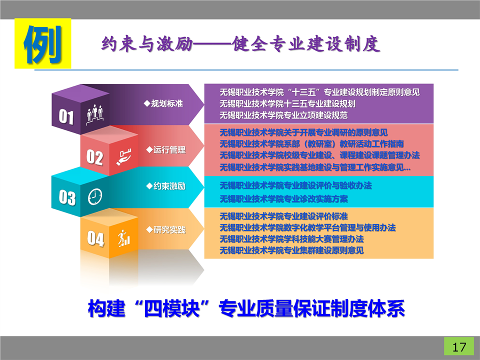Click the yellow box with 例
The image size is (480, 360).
pyautogui.click(x=43, y=43)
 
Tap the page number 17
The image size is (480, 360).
pyautogui.click(x=459, y=347)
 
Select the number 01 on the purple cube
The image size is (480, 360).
pyautogui.click(x=66, y=116)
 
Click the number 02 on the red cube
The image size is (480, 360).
pyautogui.click(x=94, y=157)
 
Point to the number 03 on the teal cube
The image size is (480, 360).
pyautogui.click(x=67, y=197)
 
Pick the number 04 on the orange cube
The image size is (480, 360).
pyautogui.click(x=95, y=238)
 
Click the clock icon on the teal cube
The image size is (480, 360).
pyautogui.click(x=95, y=196)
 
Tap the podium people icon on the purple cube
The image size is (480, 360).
pyautogui.click(x=94, y=114)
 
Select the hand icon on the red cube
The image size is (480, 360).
pyautogui.click(x=123, y=157)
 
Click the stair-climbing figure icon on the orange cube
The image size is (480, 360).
pyautogui.click(x=124, y=238)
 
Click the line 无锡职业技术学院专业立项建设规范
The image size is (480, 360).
pyautogui.click(x=283, y=115)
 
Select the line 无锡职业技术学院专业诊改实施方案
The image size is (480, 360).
pyautogui.click(x=283, y=199)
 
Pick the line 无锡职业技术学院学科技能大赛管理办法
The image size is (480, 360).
pyautogui.click(x=291, y=239)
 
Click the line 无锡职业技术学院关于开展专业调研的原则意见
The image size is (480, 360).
pyautogui.click(x=303, y=132)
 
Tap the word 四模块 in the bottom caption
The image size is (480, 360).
pyautogui.click(x=171, y=308)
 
